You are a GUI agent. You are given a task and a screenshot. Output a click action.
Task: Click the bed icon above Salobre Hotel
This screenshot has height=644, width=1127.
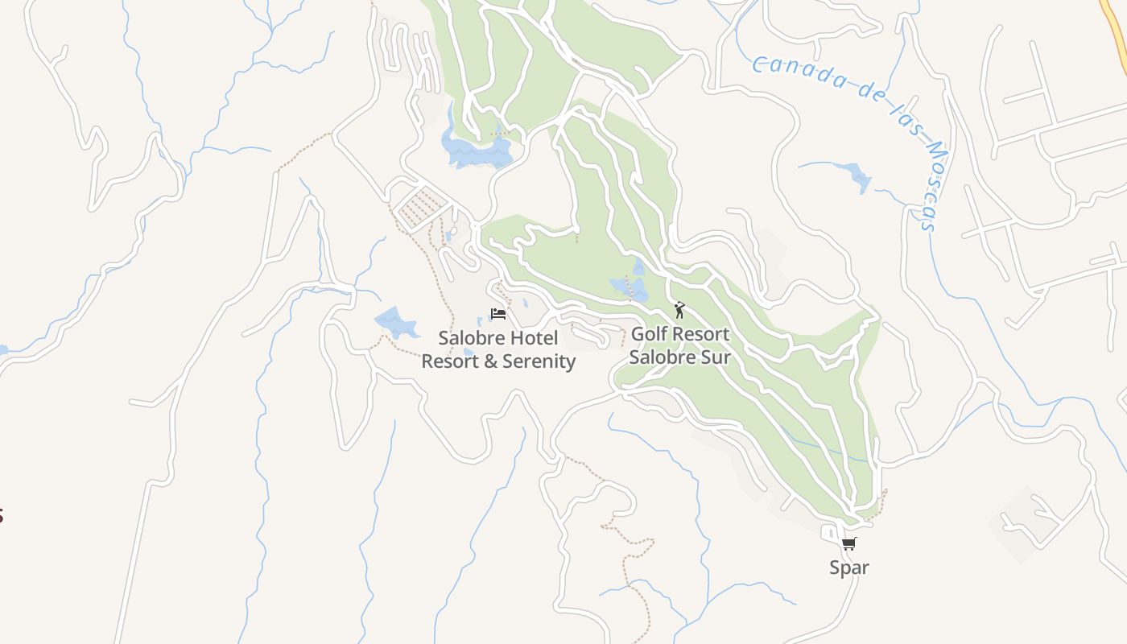coord(498,313)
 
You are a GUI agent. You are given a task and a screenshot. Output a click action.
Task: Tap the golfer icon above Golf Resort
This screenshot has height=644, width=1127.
coord(679,310)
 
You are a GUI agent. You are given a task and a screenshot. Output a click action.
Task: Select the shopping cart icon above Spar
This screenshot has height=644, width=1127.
coord(849,544)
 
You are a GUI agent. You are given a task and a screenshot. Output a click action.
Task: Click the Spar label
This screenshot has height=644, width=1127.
coord(849,568)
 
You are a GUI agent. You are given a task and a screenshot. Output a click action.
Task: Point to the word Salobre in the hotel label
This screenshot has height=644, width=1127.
coord(469,337)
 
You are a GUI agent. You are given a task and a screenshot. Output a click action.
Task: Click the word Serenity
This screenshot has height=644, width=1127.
coord(539,361)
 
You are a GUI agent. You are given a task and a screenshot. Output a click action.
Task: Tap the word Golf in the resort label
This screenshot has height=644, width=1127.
coord(649,333)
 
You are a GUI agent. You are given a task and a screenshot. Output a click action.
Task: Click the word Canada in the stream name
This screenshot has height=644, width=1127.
coord(797,73)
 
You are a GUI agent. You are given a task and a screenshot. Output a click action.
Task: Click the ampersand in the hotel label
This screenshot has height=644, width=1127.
coord(491,361)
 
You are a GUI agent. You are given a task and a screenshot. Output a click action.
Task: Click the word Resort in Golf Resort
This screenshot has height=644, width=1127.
coord(701,333)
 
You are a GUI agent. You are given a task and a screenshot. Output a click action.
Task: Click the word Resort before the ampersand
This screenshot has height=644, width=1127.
coord(450,361)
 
